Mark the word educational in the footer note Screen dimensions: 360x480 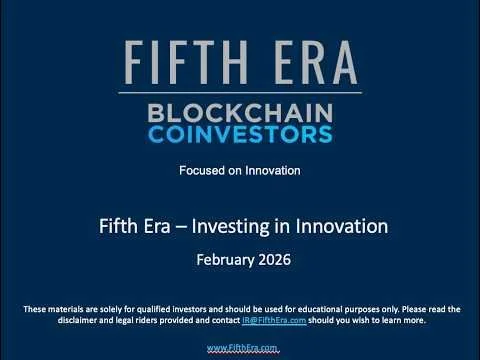[314, 308]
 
